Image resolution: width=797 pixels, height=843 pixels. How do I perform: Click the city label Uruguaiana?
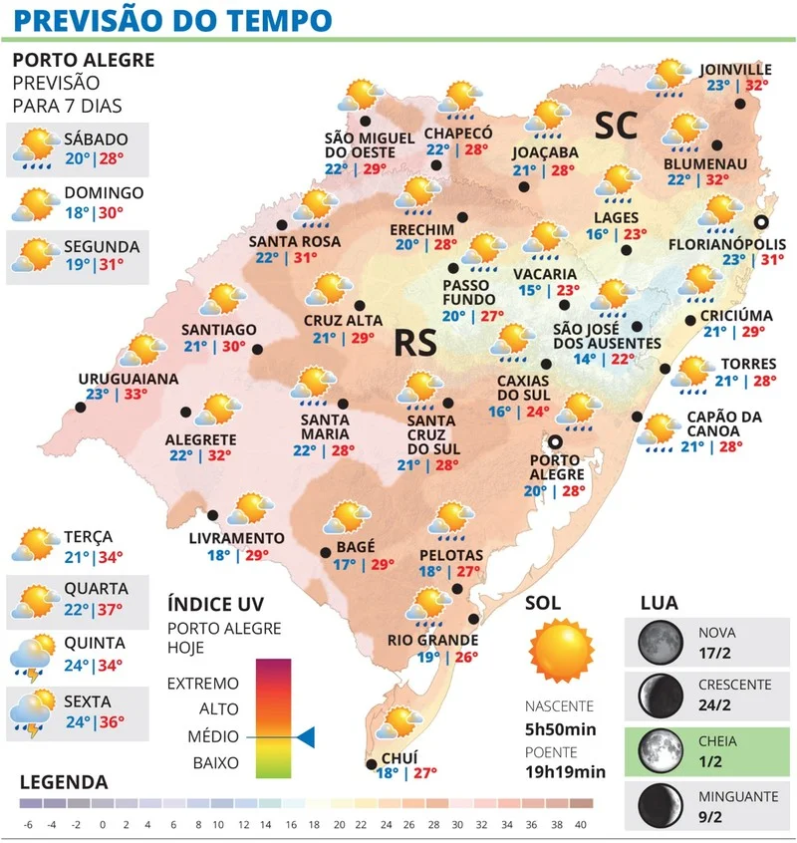pyautogui.click(x=130, y=379)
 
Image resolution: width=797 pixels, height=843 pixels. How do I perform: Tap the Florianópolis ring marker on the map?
pyautogui.click(x=761, y=223)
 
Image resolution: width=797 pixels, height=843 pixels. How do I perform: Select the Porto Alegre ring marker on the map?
pyautogui.click(x=556, y=441)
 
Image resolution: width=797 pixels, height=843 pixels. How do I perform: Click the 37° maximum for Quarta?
pyautogui.click(x=110, y=608)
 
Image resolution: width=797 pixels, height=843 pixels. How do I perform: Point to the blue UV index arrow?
pyautogui.click(x=306, y=737)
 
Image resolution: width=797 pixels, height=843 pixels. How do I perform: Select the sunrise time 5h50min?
pyautogui.click(x=561, y=729)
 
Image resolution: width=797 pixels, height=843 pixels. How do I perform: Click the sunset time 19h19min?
pyautogui.click(x=565, y=771)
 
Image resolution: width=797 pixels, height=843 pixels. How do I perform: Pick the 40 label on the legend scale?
pyautogui.click(x=581, y=824)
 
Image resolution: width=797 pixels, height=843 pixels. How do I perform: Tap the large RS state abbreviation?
pyautogui.click(x=416, y=342)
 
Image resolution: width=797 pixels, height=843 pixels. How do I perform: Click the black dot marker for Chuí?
pyautogui.click(x=372, y=764)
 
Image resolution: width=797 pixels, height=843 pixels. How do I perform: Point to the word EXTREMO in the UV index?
pyautogui.click(x=203, y=684)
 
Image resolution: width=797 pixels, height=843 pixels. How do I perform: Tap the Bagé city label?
pyautogui.click(x=356, y=546)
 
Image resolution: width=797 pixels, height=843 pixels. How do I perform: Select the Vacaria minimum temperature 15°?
pyautogui.click(x=530, y=291)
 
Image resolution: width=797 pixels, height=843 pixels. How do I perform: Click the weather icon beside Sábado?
pyautogui.click(x=34, y=148)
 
